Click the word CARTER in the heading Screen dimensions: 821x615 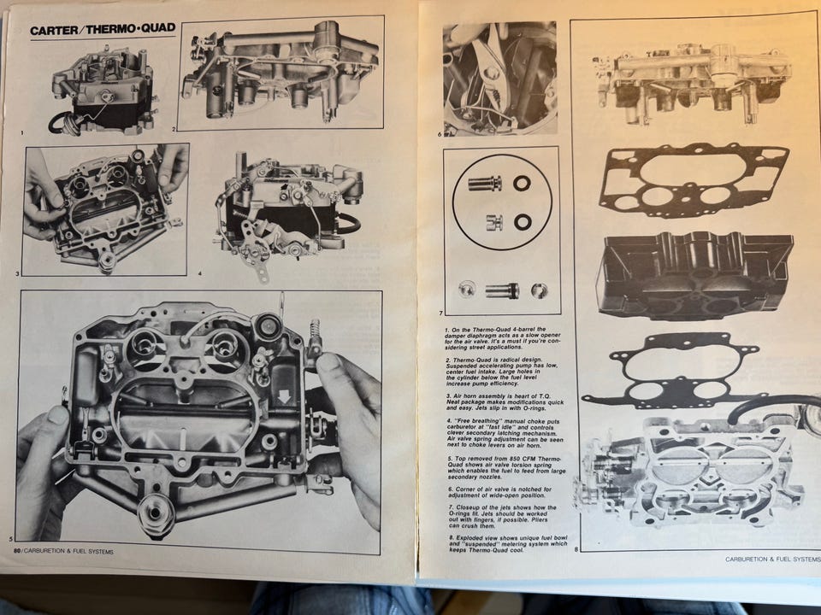tap(54, 30)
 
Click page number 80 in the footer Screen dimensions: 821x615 tap(17, 551)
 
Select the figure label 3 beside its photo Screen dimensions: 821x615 tap(17, 273)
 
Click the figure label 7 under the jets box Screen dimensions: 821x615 tap(440, 313)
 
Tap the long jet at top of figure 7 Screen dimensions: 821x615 tap(485, 183)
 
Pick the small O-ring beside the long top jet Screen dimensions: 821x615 tap(522, 183)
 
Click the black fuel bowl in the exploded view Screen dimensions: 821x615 tap(694, 276)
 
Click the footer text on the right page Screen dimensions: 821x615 tap(772, 559)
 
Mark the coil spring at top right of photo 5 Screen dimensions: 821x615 tap(316, 331)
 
